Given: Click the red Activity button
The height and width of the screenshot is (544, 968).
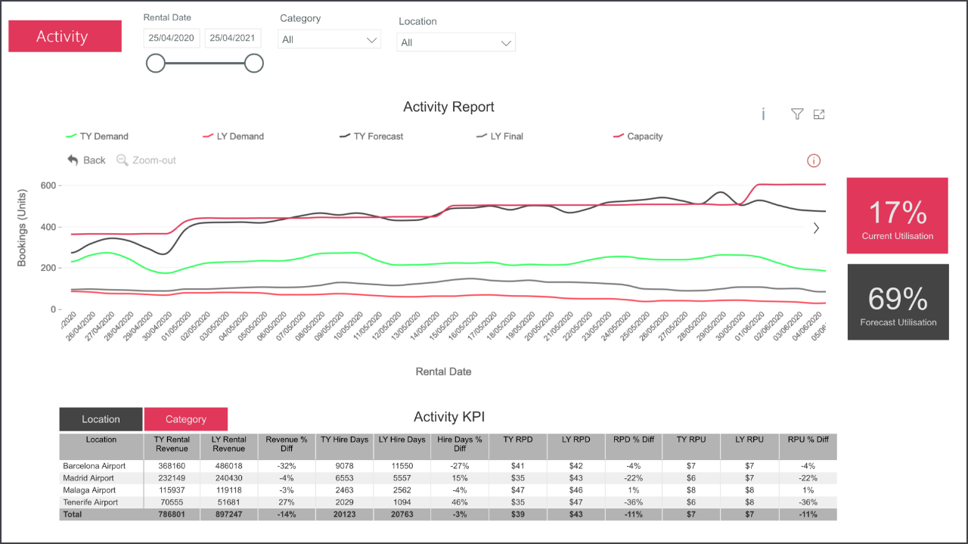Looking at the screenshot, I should [x=65, y=36].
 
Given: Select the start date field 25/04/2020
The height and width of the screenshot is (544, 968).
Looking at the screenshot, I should [x=172, y=38].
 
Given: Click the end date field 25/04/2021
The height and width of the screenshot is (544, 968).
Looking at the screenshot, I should [x=233, y=38].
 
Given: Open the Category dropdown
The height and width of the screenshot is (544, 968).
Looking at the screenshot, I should [x=329, y=39].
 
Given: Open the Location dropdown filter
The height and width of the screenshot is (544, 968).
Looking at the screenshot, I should [x=456, y=42].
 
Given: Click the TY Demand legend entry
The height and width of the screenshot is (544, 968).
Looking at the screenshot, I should [x=98, y=136].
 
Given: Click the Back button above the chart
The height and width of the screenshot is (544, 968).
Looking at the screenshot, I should [x=86, y=160].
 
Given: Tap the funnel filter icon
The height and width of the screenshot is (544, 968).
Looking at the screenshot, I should [x=796, y=113].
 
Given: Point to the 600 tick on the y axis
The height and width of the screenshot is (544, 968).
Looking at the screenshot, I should [x=48, y=185].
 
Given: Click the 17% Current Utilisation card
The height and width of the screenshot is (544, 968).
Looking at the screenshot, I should [x=897, y=216].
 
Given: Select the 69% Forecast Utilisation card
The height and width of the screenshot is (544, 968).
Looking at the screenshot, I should [x=898, y=302].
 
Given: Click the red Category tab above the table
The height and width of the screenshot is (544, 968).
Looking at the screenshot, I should [x=186, y=419].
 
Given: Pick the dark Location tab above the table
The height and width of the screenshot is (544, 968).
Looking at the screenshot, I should [x=101, y=419].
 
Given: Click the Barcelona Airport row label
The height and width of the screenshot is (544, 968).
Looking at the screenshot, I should [x=95, y=466].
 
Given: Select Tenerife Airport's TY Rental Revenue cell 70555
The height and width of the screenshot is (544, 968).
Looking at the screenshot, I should [x=172, y=502].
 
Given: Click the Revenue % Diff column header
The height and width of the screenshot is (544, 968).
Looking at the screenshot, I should [x=287, y=444].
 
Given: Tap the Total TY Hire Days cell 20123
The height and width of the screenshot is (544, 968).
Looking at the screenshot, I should [x=344, y=514].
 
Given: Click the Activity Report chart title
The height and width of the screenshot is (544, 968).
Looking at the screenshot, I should [x=448, y=107].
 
